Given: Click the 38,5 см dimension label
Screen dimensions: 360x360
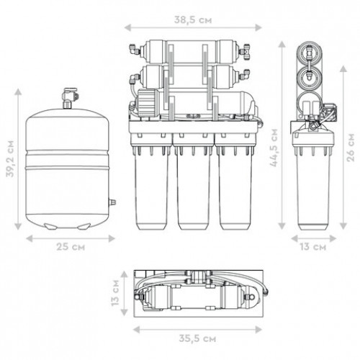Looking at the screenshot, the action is coord(193,20).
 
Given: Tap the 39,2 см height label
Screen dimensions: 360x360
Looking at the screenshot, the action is coord(10,159).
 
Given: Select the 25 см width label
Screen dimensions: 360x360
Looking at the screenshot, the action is coord(71,247).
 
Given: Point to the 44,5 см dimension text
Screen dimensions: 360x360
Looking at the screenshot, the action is coord(274,148).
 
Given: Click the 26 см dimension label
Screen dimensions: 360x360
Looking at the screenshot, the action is coord(351,148).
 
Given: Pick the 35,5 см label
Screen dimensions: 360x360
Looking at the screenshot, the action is coord(197,338).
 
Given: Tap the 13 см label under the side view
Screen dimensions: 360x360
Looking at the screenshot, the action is coord(313,247).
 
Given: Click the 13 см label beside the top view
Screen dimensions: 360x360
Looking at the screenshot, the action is coord(115,292).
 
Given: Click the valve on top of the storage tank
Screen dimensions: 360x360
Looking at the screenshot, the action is coord(69,98).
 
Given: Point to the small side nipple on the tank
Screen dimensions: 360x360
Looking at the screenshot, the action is coord(112,202).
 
